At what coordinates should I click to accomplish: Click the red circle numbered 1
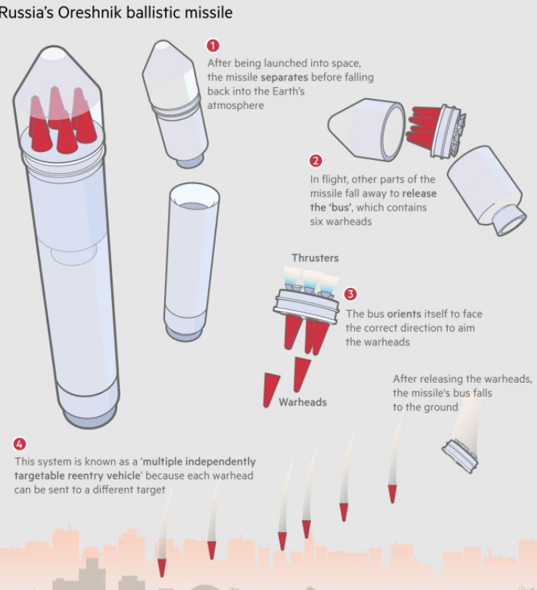coord(213,46)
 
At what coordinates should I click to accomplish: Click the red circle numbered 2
coord(315,161)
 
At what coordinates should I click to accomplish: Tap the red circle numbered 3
coord(350,294)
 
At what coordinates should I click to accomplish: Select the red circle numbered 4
coord(20,444)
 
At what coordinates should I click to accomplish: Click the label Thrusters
coord(315,258)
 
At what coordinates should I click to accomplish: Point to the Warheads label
coord(302,402)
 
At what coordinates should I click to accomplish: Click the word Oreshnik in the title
coord(90,12)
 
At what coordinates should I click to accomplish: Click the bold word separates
coord(284,77)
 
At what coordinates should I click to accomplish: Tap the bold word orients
coord(404,314)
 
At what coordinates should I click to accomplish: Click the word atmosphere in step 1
coord(235,105)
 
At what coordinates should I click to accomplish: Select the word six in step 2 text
coord(316,221)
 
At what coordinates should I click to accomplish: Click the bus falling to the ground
coord(460,455)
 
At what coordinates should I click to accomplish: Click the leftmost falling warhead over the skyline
coord(161,567)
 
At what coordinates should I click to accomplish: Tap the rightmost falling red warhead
coord(392,494)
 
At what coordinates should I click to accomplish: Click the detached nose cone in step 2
coord(367,129)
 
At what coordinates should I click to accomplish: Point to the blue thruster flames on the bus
coord(311,278)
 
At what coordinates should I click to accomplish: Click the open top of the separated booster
coord(194,198)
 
